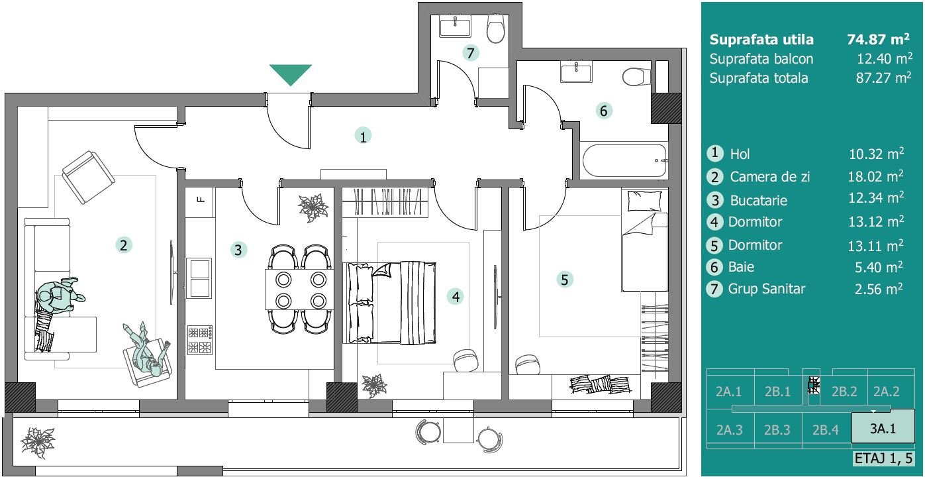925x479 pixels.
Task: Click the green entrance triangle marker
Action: click(291, 74)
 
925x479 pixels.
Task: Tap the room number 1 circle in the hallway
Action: click(363, 136)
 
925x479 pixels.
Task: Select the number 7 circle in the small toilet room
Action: click(470, 53)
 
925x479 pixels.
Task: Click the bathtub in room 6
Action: click(624, 160)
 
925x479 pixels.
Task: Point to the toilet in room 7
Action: click(495, 28)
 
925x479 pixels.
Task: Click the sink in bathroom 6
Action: click(576, 72)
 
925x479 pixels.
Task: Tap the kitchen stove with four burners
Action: click(200, 341)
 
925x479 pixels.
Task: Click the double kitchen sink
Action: click(199, 278)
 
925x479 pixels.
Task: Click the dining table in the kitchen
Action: click(299, 290)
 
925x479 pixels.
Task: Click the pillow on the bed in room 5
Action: click(644, 201)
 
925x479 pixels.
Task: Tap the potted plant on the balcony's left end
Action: click(38, 443)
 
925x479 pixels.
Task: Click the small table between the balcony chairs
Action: click(458, 430)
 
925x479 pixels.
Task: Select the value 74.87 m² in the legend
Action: click(878, 39)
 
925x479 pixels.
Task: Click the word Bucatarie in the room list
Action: click(759, 201)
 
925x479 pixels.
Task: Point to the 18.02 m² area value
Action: click(875, 176)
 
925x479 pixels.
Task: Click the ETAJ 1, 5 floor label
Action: click(883, 458)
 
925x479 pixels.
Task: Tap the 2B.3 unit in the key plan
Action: click(777, 430)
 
